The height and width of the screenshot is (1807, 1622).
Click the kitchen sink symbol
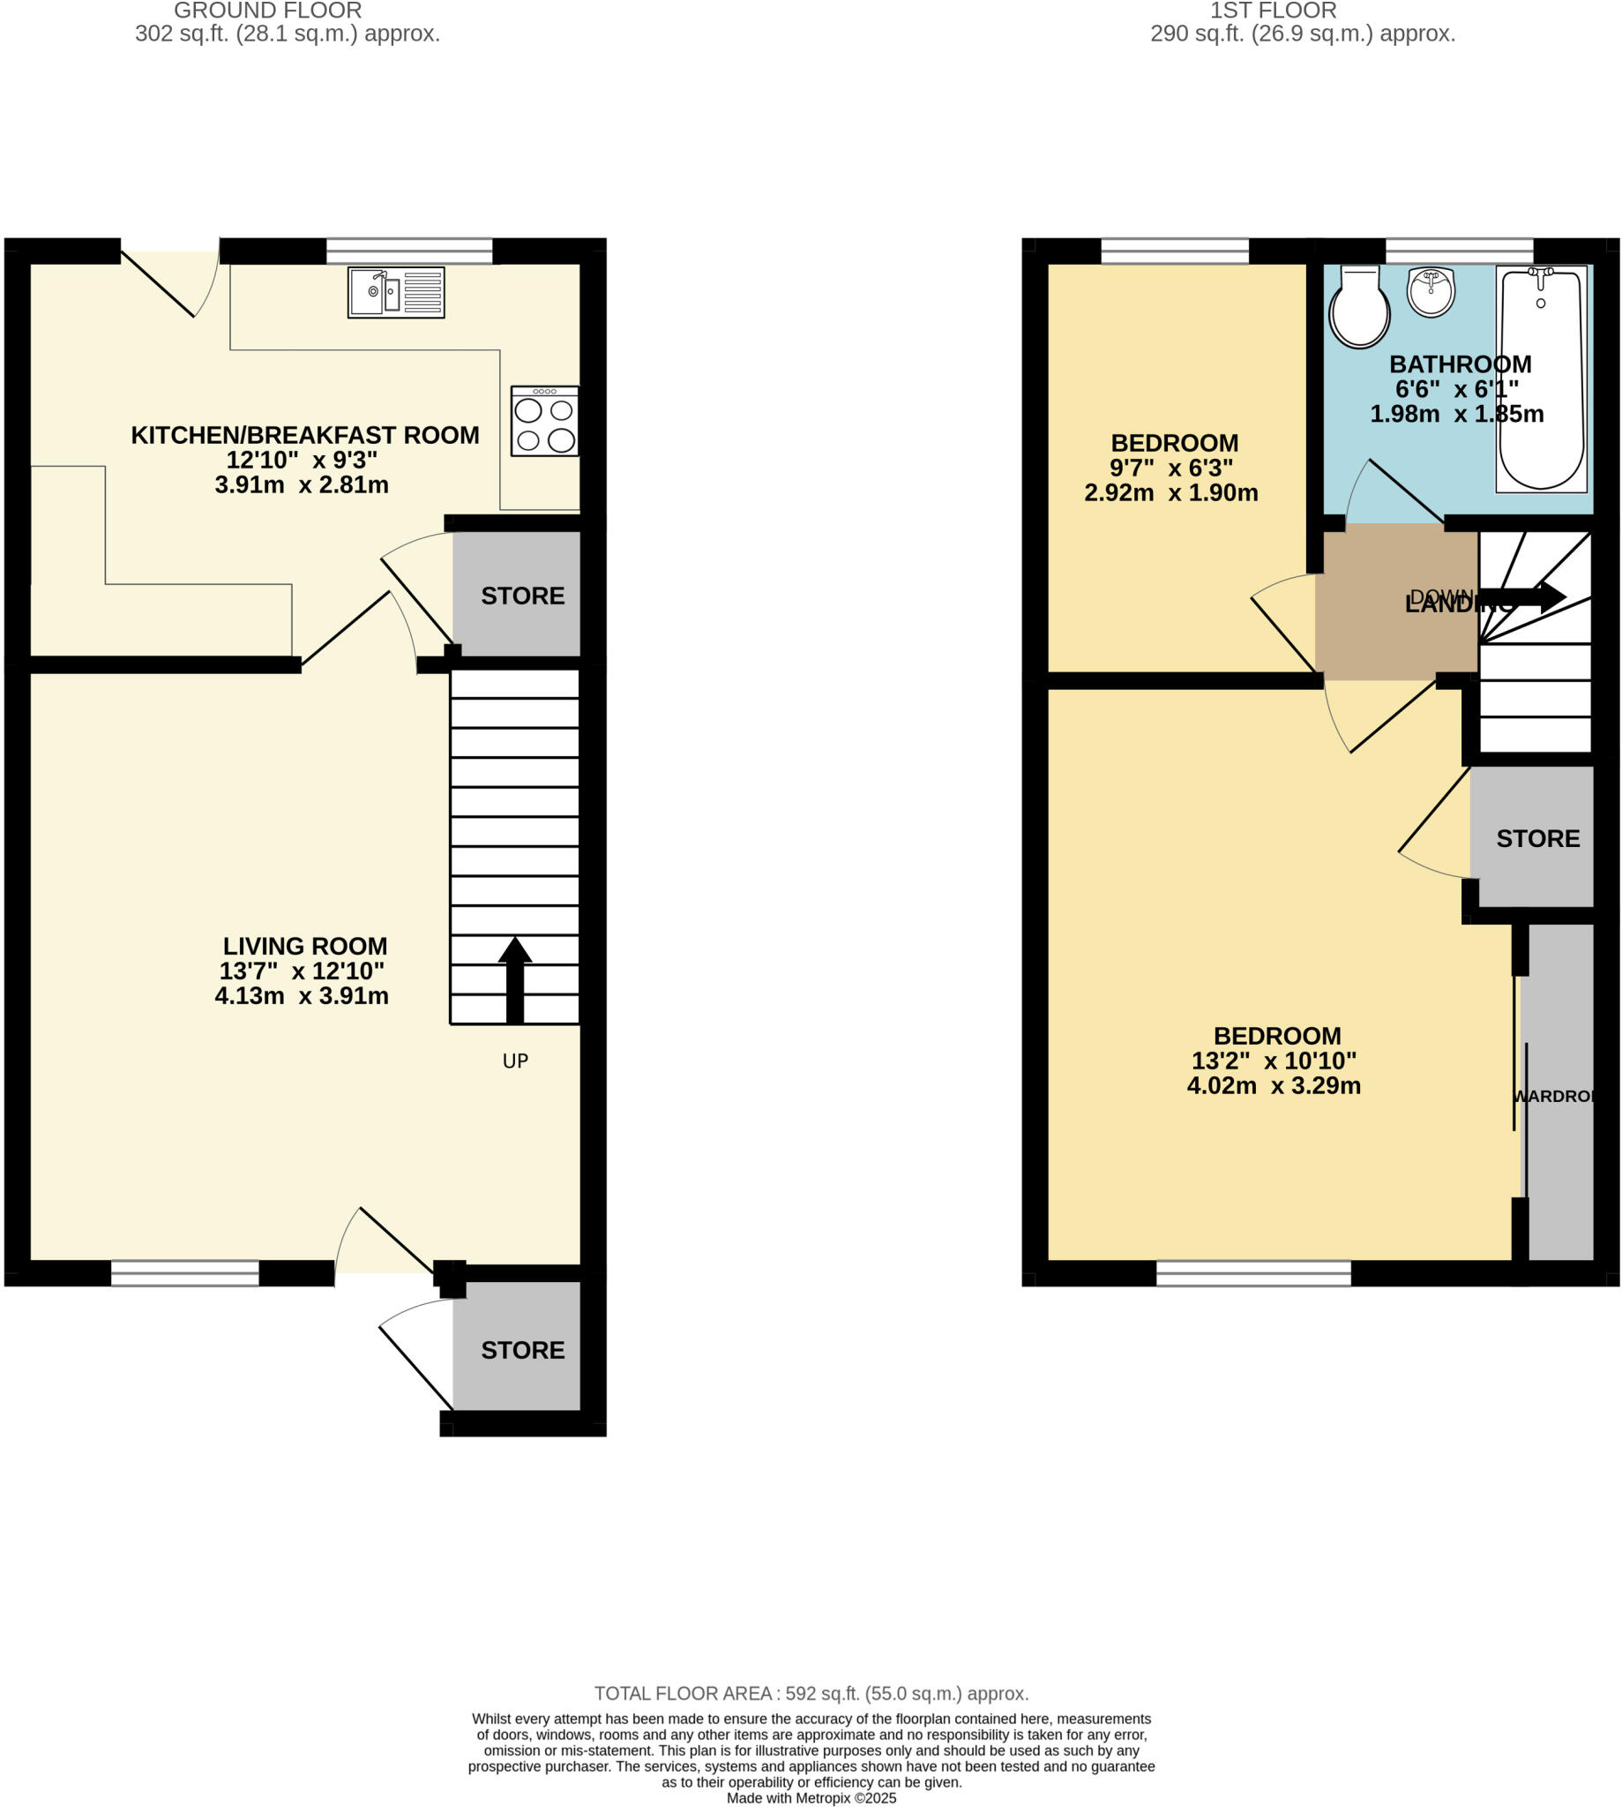(396, 292)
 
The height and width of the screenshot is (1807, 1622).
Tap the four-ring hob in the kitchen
(544, 421)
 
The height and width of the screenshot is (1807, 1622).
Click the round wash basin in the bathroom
(1431, 291)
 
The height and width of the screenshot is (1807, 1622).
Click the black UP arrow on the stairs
(514, 978)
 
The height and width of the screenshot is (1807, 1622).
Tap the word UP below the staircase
(515, 1061)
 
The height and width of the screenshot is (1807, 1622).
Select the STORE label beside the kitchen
(522, 596)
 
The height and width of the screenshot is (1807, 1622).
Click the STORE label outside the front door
(522, 1351)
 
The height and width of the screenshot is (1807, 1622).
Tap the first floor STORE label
(1537, 839)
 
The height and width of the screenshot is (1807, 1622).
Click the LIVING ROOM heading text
(305, 946)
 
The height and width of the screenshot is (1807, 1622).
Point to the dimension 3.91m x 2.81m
(302, 485)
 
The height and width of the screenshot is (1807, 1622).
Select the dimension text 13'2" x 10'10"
(1274, 1061)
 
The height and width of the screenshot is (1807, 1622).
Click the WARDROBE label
(1552, 1097)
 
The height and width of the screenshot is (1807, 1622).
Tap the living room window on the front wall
(184, 1272)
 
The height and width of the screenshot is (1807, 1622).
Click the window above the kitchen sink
(409, 251)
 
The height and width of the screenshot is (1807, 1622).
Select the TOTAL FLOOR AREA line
(811, 1694)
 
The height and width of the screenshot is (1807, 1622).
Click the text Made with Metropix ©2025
(811, 1798)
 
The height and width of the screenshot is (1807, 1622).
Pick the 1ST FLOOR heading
(1273, 11)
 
